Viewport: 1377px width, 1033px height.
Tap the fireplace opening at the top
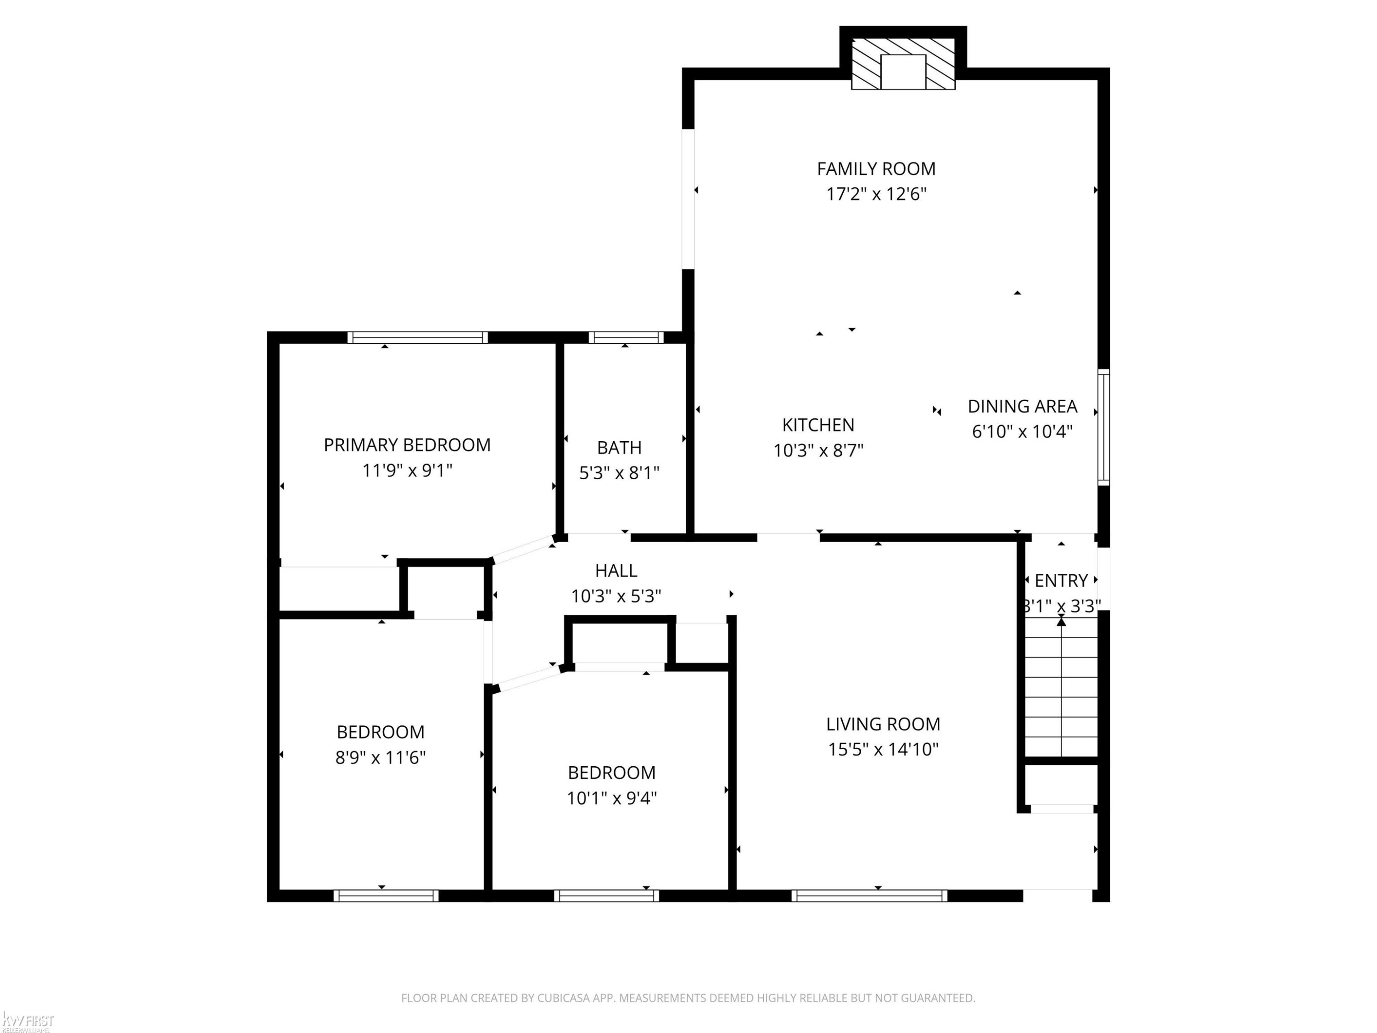(x=903, y=72)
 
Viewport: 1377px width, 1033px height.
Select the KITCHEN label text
(x=818, y=425)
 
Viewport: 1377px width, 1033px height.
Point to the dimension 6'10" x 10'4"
(x=1022, y=432)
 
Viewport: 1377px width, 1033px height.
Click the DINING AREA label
(x=1022, y=406)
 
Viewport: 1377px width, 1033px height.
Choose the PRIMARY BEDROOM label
(x=407, y=444)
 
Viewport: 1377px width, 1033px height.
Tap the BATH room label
(x=619, y=447)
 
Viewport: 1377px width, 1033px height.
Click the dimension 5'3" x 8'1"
(x=619, y=473)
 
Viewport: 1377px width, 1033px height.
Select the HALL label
(x=616, y=570)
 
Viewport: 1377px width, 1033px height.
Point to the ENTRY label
(x=1061, y=580)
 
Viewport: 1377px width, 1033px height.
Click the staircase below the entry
(x=1061, y=687)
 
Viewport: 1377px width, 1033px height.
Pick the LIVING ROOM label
(x=884, y=724)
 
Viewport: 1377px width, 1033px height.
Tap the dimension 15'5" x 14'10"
(x=884, y=749)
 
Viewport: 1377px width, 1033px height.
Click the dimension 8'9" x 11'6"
(x=381, y=757)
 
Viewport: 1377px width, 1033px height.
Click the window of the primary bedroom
(x=418, y=337)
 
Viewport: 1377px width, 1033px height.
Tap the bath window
(x=626, y=337)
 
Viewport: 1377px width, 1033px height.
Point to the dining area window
(x=1104, y=427)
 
